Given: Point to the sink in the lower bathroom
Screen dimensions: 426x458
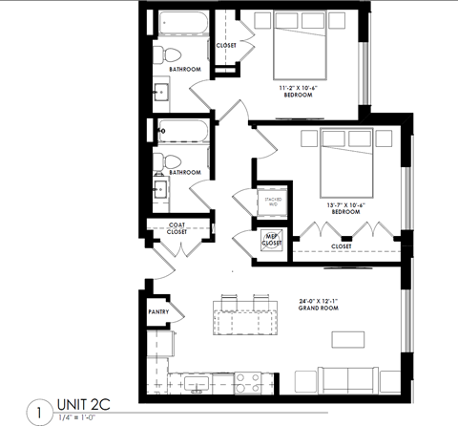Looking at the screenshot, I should [x=159, y=192].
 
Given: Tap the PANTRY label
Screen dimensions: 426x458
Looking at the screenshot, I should [x=158, y=312].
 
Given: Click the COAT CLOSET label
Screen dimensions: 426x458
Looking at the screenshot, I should [x=177, y=228].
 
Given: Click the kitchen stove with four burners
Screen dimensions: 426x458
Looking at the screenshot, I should [x=247, y=382].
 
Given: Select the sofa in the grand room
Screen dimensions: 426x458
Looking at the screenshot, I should [x=356, y=379].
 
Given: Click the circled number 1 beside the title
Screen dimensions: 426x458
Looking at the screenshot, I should [x=36, y=414].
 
